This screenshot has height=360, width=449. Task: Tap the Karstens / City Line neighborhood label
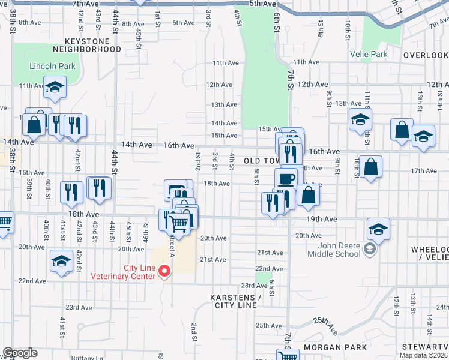[x=235, y=302]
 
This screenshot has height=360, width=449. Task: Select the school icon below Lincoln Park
[x=55, y=88]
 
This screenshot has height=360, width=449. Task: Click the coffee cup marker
[x=286, y=178]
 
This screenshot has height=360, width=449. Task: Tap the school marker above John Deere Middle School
[x=379, y=229]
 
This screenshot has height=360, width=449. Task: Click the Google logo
[x=20, y=353]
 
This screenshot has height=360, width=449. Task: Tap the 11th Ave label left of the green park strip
[x=226, y=63]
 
